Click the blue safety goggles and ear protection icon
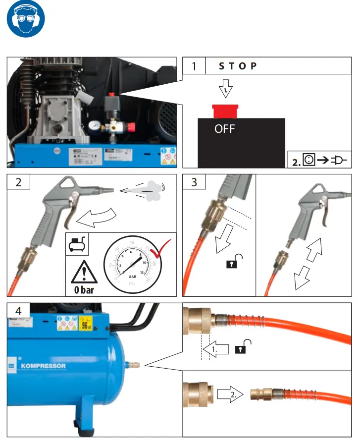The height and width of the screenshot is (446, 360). [26, 22]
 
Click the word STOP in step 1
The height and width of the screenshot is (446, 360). [238, 66]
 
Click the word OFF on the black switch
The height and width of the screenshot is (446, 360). [224, 129]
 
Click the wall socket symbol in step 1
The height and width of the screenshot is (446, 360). [309, 160]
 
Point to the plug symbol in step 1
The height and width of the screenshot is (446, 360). [338, 160]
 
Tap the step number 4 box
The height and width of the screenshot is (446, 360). [18, 311]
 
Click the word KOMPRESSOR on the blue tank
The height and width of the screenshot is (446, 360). [44, 366]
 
